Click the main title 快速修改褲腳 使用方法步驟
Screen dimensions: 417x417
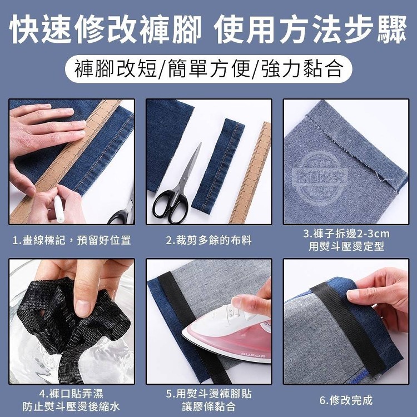(208, 29)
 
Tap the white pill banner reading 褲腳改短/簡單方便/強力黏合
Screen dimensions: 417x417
(209, 69)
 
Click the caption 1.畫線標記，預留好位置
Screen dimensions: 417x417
(72, 240)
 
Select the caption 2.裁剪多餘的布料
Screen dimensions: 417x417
(209, 240)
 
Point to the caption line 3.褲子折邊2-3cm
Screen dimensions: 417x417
(346, 234)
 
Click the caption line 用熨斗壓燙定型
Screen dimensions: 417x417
(346, 246)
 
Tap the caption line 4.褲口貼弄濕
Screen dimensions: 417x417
(71, 394)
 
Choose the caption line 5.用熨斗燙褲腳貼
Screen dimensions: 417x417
(209, 394)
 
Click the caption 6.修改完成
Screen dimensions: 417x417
(346, 400)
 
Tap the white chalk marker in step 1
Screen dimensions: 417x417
(59, 209)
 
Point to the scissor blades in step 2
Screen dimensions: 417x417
(190, 167)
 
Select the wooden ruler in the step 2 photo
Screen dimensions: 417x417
(251, 173)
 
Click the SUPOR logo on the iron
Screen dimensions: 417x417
(250, 356)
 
